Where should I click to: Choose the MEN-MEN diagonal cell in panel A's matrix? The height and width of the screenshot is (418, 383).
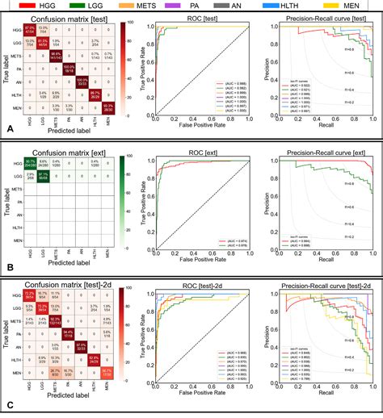tap(109, 107)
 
